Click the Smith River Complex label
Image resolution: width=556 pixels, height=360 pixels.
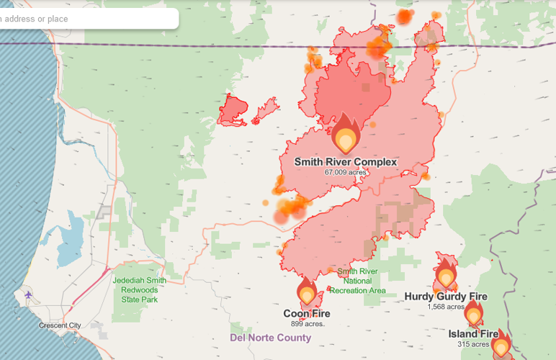(x=345, y=162)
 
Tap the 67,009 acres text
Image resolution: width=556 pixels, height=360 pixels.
(x=345, y=173)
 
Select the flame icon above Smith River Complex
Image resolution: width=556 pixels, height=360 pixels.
(x=346, y=135)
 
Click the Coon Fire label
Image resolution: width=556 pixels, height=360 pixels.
(x=307, y=314)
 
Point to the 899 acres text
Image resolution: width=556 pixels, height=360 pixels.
(x=307, y=324)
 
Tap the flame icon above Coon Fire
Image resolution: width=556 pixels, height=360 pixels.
(x=308, y=292)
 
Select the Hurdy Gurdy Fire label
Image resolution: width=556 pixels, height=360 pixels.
(x=445, y=297)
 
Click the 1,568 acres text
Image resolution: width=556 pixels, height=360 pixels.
(x=445, y=307)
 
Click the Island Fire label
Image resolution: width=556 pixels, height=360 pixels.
(x=473, y=334)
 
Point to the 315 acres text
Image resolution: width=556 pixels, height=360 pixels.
(x=473, y=344)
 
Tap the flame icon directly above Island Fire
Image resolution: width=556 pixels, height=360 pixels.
(x=473, y=314)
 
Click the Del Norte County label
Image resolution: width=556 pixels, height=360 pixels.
(x=271, y=338)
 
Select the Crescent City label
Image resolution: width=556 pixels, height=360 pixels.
(x=60, y=325)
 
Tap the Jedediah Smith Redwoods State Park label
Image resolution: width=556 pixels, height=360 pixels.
(x=140, y=289)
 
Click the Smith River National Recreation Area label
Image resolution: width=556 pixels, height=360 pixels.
(x=358, y=281)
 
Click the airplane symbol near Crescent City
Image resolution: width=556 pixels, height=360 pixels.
(x=28, y=294)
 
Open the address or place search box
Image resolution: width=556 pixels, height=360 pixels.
(x=86, y=19)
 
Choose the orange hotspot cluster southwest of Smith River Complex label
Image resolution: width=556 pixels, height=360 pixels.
(x=292, y=210)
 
